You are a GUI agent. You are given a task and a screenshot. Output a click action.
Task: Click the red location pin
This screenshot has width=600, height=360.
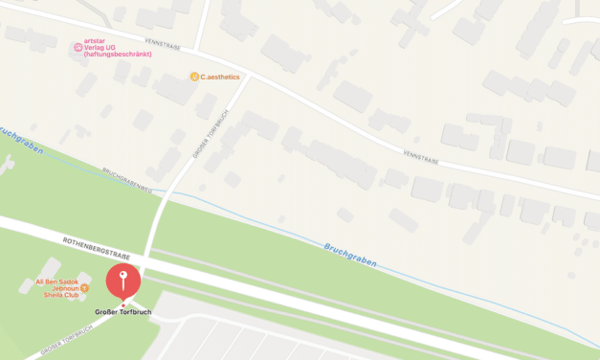pyautogui.click(x=122, y=281)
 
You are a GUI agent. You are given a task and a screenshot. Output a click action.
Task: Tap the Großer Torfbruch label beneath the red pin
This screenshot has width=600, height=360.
pyautogui.click(x=122, y=313)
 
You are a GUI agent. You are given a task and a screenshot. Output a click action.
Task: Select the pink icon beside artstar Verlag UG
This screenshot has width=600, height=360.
pyautogui.click(x=78, y=47)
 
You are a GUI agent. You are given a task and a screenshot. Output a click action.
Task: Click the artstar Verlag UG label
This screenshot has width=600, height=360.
pyautogui.click(x=105, y=45)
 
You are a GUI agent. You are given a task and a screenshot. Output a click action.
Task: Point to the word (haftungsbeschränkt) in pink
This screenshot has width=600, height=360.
pyautogui.click(x=118, y=54)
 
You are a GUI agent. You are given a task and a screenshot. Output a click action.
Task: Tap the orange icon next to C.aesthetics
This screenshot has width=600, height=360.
pyautogui.click(x=194, y=77)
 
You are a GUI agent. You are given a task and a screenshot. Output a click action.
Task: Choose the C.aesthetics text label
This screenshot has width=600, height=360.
pyautogui.click(x=220, y=77)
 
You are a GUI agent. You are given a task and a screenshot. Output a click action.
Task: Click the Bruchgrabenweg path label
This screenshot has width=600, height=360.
pyautogui.click(x=126, y=181)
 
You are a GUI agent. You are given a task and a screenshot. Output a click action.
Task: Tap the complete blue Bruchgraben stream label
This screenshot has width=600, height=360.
pyautogui.click(x=349, y=254)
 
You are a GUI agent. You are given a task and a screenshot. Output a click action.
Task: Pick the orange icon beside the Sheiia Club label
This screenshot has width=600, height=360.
pyautogui.click(x=85, y=288)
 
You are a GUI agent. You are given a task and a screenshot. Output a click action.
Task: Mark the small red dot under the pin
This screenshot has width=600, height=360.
pyautogui.click(x=122, y=305)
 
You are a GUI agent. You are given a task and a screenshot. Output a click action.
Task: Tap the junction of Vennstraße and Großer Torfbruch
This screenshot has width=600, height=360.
pyautogui.click(x=253, y=77)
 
